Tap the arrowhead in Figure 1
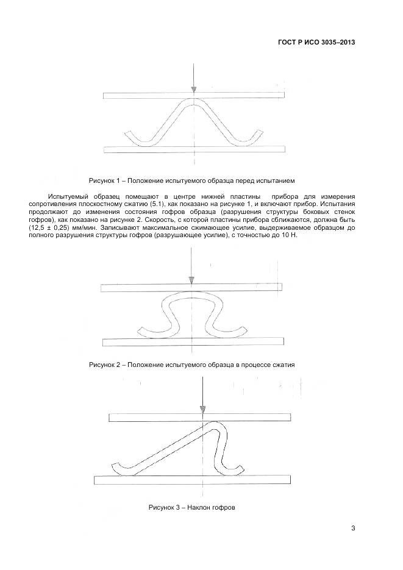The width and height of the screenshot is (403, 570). pos(193,90)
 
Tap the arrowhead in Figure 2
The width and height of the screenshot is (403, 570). pos(191,280)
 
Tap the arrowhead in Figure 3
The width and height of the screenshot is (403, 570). pos(202,410)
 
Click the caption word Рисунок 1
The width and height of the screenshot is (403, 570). pos(106,181)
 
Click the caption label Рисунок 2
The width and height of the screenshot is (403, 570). pos(106,365)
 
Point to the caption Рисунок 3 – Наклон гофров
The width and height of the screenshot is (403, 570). pos(191,507)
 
